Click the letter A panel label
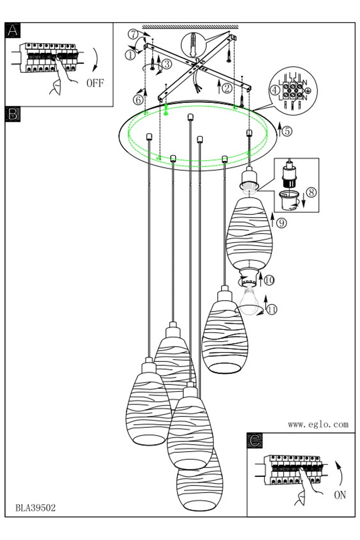(x=13, y=31)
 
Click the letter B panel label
(x=13, y=114)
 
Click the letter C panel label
(x=255, y=441)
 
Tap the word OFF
(x=94, y=83)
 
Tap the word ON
(x=340, y=495)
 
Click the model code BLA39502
(x=36, y=508)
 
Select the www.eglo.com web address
(x=318, y=424)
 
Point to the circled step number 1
(x=130, y=55)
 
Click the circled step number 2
(x=228, y=88)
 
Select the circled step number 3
(x=166, y=64)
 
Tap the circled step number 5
(x=288, y=130)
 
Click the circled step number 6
(x=138, y=99)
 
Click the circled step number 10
(x=269, y=280)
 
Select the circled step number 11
(x=271, y=309)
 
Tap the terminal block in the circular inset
(x=292, y=88)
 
